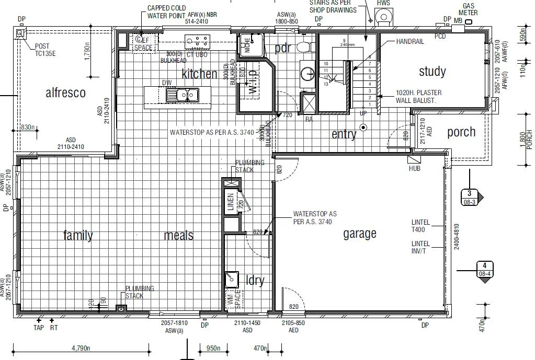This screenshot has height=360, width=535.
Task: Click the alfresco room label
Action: (65, 93)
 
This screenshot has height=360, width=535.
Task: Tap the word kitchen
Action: (199, 74)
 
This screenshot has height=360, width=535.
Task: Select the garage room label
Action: (360, 234)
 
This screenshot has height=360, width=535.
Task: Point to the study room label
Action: (432, 71)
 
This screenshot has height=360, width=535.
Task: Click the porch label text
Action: (461, 132)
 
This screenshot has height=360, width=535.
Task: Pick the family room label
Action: (78, 235)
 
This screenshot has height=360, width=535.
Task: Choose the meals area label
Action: (179, 235)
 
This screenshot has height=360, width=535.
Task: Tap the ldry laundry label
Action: (255, 281)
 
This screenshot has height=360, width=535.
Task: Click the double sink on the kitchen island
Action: (183, 95)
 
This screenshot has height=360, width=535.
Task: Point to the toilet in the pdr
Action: (303, 48)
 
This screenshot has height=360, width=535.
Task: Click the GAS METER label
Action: (468, 9)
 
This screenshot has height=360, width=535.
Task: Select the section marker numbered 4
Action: (484, 269)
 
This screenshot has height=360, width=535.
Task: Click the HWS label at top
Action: (383, 4)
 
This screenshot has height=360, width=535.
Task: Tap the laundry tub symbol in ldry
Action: (231, 280)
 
